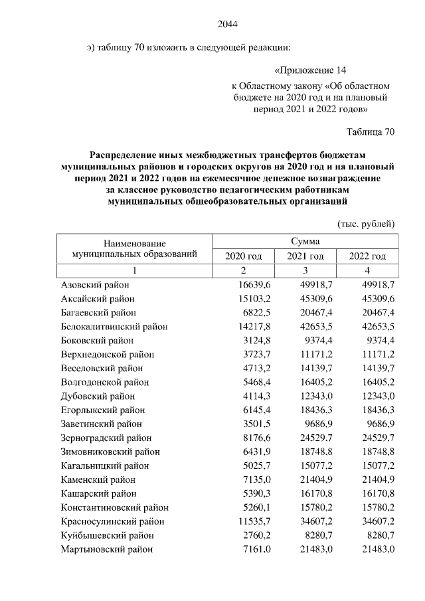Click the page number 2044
pyautogui.click(x=227, y=25)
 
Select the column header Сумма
pyautogui.click(x=305, y=241)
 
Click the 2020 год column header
pyautogui.click(x=244, y=256)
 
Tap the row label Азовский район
pyautogui.click(x=95, y=284)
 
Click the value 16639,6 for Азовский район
pyautogui.click(x=246, y=284)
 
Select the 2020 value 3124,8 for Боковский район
pyautogui.click(x=248, y=340)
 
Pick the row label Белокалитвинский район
pyautogui.click(x=114, y=326)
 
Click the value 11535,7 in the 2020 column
pyautogui.click(x=246, y=521)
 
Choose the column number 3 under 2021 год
pyautogui.click(x=305, y=270)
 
